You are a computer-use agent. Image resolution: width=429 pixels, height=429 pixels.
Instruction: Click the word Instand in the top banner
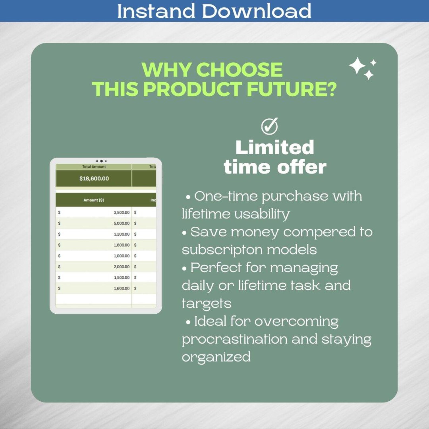click(156, 11)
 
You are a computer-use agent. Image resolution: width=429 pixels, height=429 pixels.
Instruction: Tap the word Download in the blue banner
click(256, 11)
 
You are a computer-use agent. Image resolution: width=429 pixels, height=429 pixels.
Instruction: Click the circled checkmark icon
click(269, 126)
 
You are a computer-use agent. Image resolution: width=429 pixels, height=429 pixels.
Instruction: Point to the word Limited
click(275, 148)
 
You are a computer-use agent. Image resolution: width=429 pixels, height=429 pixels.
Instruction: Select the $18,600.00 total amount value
click(94, 179)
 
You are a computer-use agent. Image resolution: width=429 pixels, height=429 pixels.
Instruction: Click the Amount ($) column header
click(93, 200)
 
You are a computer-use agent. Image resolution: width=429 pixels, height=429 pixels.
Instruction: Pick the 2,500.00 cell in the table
click(122, 213)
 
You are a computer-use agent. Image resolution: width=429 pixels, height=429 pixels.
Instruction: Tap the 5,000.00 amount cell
click(122, 223)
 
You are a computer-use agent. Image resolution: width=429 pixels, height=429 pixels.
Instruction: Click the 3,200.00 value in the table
click(122, 234)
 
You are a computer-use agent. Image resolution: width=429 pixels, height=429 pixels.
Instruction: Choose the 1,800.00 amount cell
click(122, 245)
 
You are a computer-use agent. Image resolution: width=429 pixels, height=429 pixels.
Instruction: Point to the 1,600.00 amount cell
click(122, 289)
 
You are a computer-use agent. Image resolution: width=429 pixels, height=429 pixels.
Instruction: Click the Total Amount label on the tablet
click(94, 167)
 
